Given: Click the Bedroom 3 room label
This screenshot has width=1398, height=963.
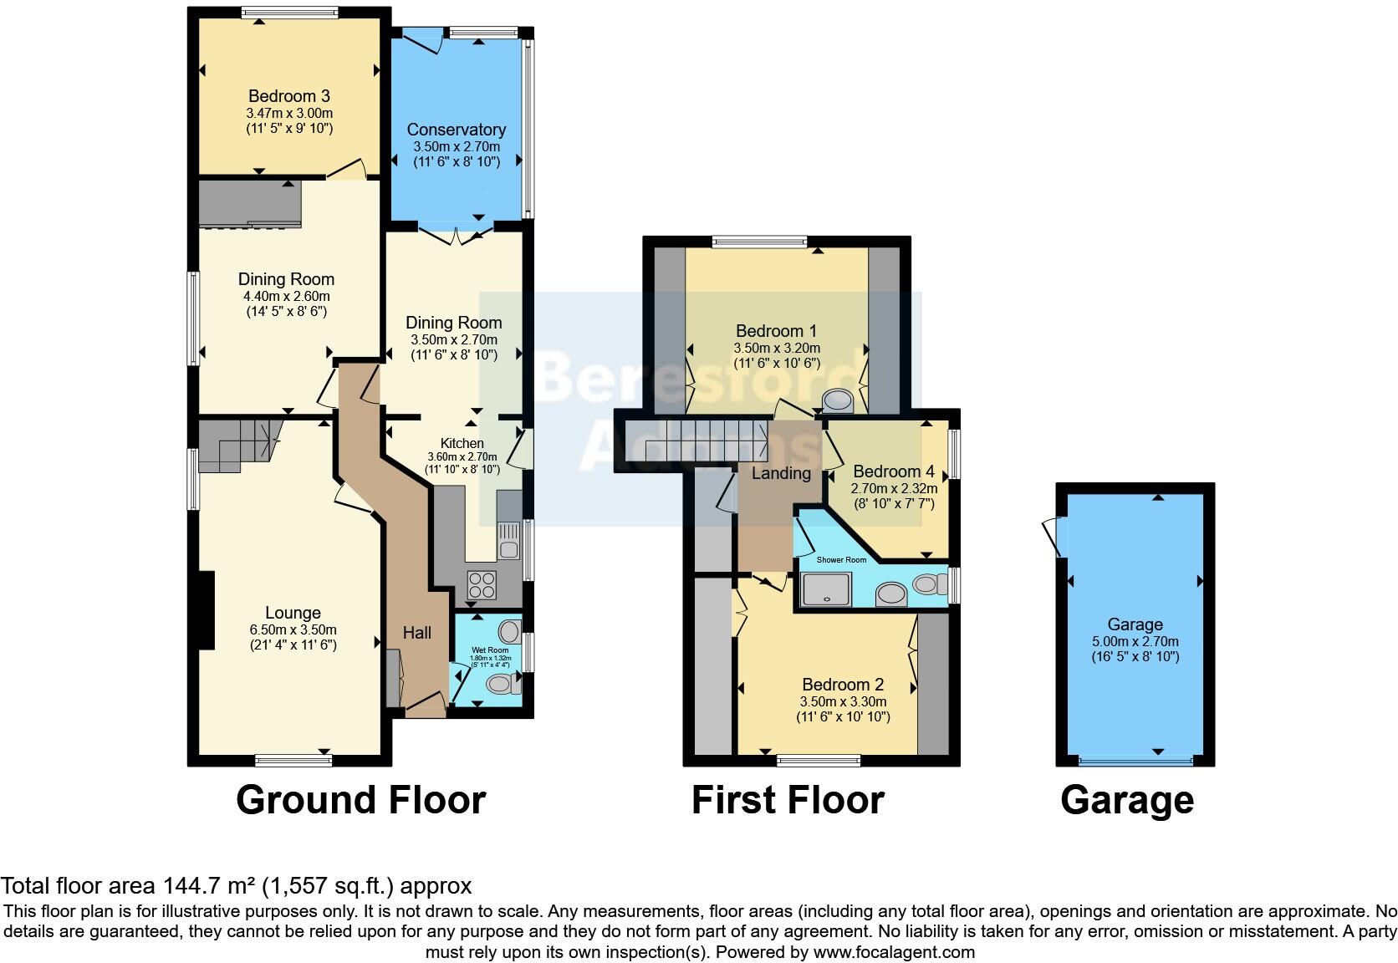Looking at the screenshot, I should [283, 96].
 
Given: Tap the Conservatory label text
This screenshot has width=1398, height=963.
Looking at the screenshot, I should [456, 130].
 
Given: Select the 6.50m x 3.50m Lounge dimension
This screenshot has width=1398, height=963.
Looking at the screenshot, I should [293, 629].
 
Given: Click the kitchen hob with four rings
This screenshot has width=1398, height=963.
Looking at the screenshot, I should [482, 584].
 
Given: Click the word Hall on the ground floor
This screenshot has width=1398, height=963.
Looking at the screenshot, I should [416, 633].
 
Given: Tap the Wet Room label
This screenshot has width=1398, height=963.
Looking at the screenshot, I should [490, 650].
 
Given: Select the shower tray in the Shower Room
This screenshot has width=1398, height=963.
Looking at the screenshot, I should [825, 589].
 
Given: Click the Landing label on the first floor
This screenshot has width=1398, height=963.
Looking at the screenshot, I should [781, 473].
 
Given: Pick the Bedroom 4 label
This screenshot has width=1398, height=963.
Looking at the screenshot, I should [893, 471].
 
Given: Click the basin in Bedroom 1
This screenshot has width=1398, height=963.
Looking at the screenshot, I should [837, 402].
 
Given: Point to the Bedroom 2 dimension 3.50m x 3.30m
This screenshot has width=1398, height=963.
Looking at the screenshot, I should [843, 701].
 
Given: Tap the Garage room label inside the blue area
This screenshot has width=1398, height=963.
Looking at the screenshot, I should [1135, 624].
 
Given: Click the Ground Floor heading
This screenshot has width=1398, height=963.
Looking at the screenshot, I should [360, 800].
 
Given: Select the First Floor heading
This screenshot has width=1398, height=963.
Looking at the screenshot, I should [787, 800].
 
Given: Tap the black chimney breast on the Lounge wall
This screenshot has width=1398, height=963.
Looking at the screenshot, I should [206, 610].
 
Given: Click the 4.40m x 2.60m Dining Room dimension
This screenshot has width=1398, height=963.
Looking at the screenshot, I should [286, 296].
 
